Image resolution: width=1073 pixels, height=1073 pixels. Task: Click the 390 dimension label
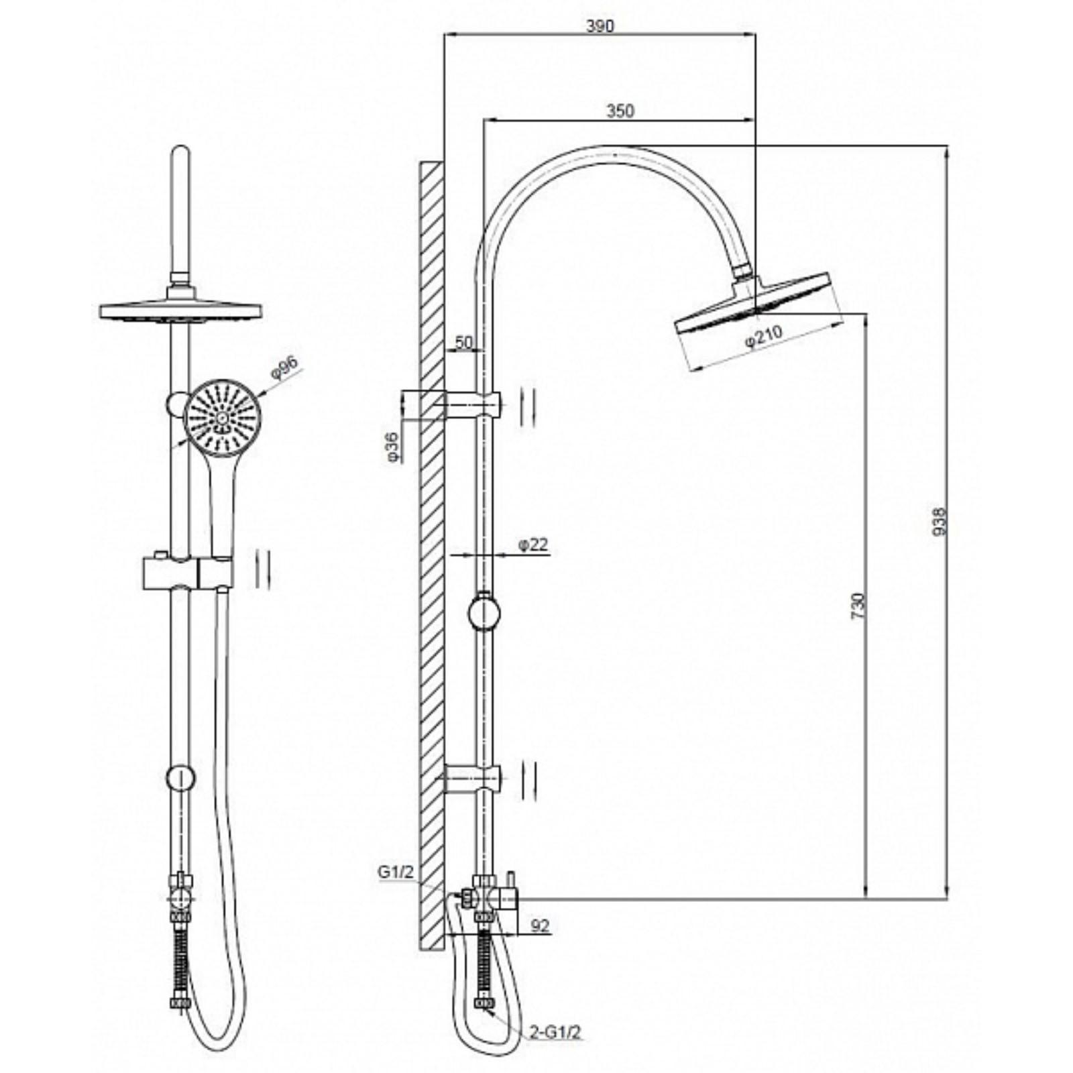600,26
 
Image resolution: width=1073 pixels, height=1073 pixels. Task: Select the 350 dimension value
620,111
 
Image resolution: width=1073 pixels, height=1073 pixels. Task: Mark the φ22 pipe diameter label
533,545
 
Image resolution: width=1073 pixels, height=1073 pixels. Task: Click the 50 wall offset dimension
463,342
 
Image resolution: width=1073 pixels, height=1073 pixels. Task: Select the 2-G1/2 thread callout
553,1032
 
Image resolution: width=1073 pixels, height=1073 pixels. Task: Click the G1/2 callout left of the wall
396,872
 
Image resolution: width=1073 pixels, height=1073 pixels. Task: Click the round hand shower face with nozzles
221,417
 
